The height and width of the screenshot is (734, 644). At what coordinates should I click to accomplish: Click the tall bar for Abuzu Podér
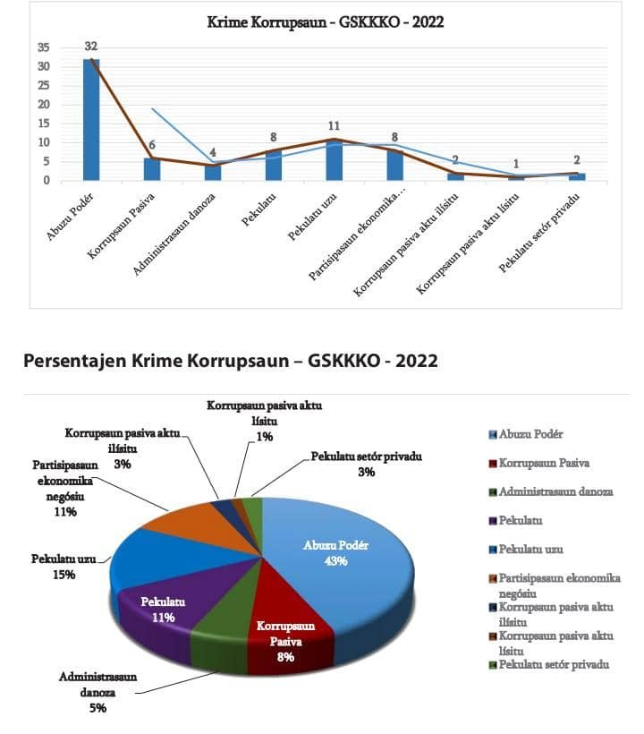91,119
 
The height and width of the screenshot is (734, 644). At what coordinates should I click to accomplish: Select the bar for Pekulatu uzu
334,159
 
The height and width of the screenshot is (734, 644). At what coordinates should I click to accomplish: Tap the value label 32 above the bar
91,46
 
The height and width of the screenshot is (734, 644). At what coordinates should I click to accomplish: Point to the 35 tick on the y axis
44,47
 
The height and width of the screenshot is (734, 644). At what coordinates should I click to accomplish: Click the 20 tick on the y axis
44,105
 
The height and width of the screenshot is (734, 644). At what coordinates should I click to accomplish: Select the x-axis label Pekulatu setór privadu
539,233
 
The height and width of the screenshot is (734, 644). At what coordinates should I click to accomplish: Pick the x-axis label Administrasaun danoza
174,234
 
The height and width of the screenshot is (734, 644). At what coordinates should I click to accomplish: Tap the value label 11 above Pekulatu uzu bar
334,126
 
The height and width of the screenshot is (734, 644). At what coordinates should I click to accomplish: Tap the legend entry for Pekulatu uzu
526,549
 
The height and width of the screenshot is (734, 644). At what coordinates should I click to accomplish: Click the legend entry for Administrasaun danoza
551,491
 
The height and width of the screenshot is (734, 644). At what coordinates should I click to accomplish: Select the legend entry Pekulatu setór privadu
549,664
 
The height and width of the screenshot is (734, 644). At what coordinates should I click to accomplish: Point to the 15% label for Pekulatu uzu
64,575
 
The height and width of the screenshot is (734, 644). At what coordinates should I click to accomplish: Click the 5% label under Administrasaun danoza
97,708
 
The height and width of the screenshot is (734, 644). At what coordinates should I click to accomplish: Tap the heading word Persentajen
75,361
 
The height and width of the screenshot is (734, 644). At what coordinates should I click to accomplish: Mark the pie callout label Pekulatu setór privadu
367,456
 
